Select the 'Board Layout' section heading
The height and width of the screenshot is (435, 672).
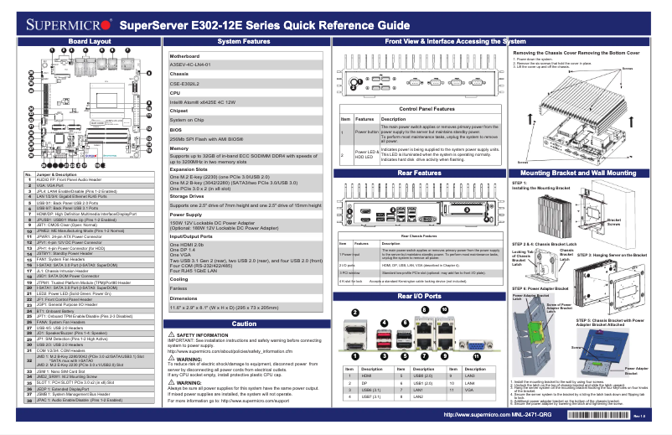(89, 41)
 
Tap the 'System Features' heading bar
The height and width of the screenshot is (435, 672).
(244, 41)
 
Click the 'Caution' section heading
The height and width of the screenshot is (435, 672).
(244, 323)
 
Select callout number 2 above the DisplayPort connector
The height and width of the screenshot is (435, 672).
(356, 313)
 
